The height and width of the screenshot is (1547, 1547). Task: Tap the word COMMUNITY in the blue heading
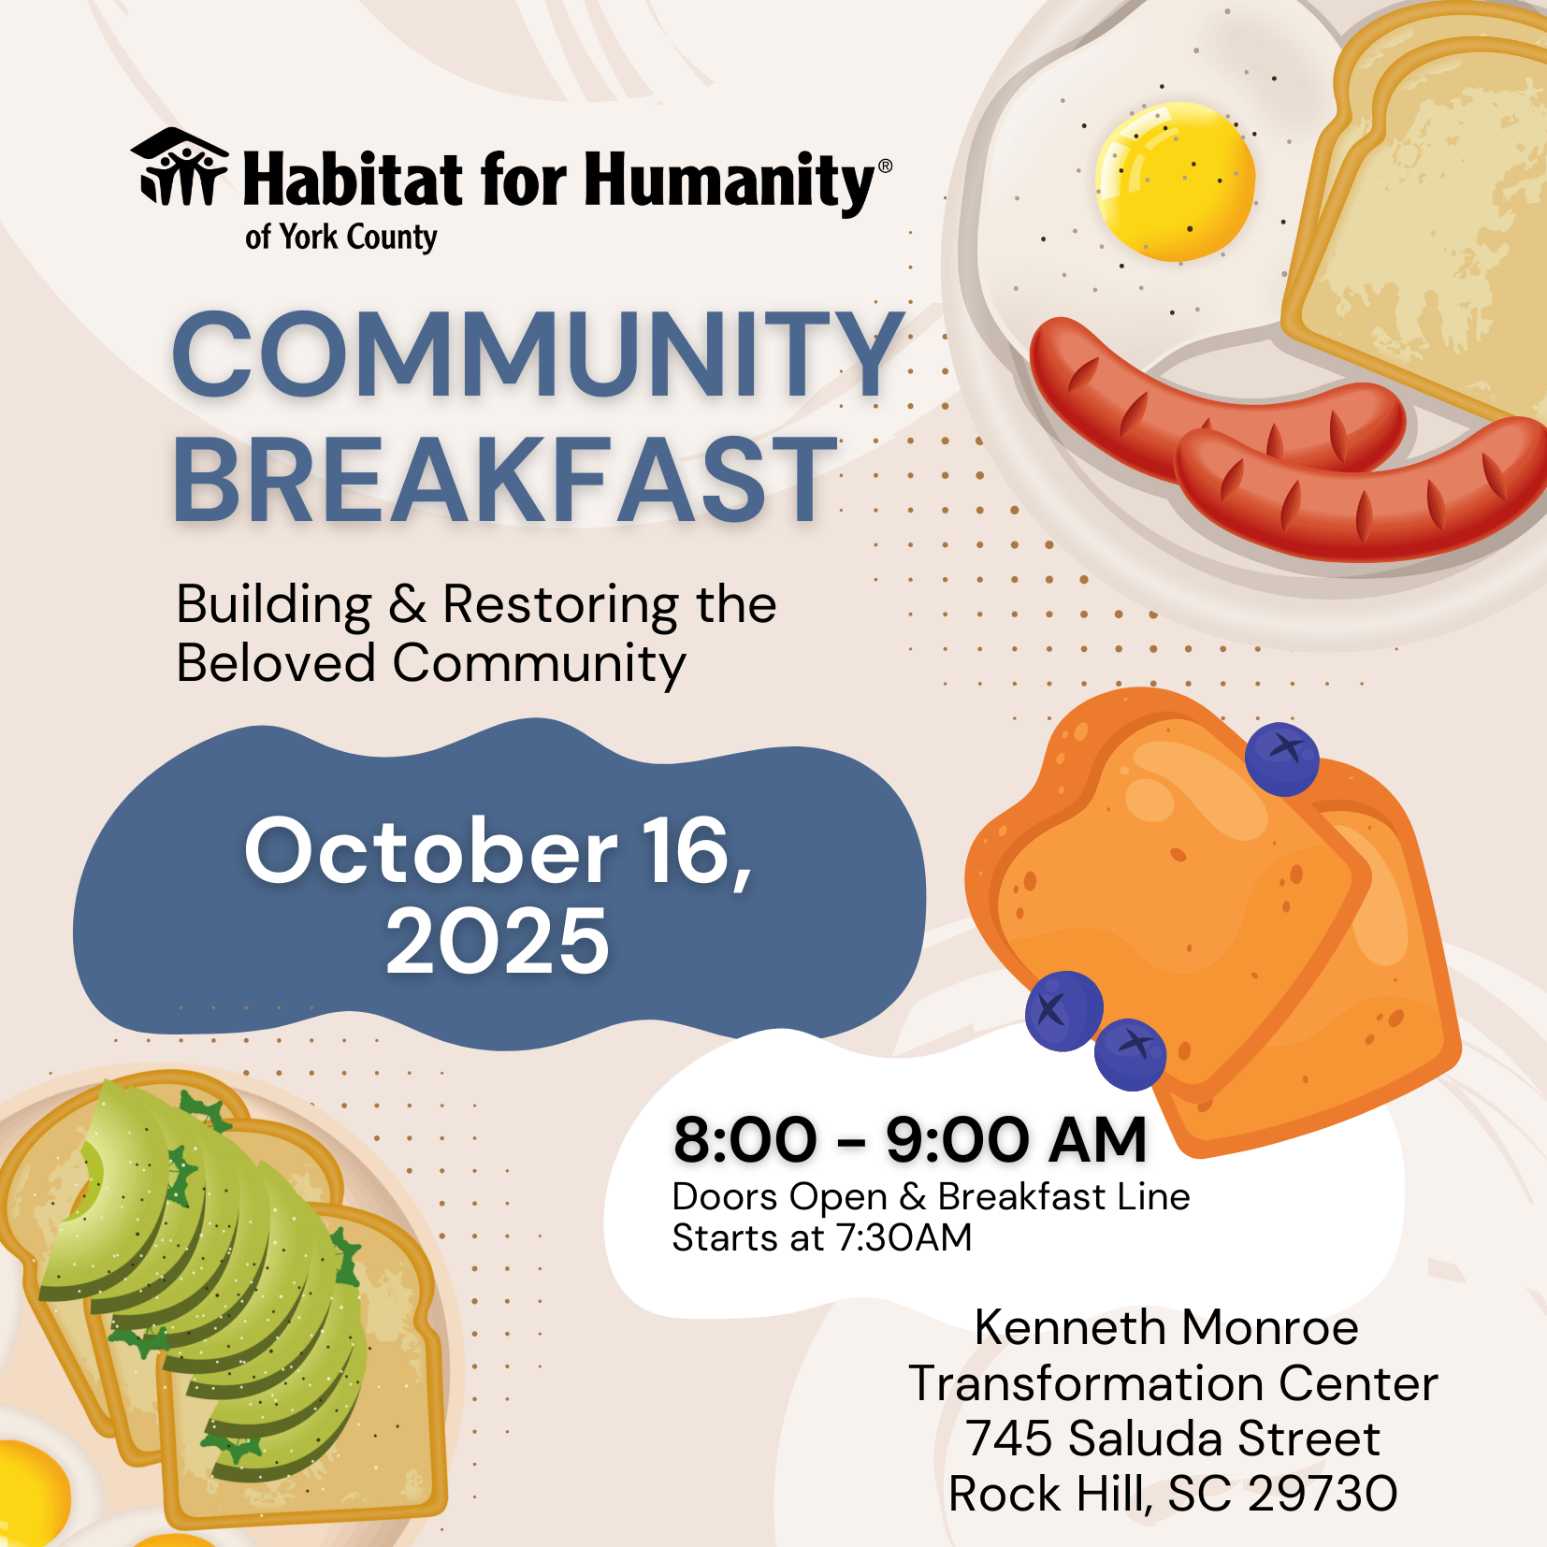tap(539, 354)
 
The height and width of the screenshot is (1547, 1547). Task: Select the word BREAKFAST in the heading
tap(505, 478)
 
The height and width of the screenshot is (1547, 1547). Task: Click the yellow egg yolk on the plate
tap(1175, 181)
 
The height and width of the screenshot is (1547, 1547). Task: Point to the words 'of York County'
tap(340, 238)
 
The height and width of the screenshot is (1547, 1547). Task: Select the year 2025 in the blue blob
tap(498, 941)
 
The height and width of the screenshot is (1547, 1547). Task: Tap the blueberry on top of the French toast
tap(1282, 759)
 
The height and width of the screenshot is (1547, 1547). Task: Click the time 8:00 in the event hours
tap(745, 1140)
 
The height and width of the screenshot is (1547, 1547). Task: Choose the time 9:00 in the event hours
tap(958, 1140)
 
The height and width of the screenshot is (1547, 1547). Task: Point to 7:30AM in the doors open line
tap(904, 1238)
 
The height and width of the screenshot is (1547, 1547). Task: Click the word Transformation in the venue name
tap(1086, 1383)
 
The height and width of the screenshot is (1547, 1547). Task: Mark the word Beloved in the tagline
tap(276, 663)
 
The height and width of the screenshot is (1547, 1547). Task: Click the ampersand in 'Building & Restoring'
tap(408, 604)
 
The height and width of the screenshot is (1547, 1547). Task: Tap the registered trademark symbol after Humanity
tap(885, 166)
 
